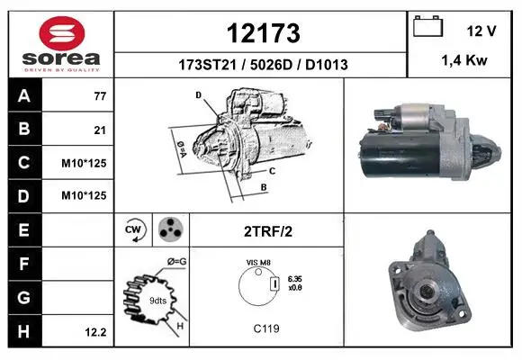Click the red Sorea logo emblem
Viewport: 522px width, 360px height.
[x=62, y=33]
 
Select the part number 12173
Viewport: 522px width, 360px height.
[x=263, y=33]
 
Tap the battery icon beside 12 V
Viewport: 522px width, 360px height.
[x=427, y=26]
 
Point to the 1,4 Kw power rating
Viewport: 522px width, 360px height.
[x=464, y=60]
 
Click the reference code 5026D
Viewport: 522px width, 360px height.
[x=271, y=65]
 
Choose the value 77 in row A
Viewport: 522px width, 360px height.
[x=100, y=96]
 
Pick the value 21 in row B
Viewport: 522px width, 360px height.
[x=100, y=130]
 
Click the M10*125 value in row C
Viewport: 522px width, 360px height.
[x=84, y=163]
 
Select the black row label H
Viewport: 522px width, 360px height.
[x=24, y=331]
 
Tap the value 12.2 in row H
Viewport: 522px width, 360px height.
[x=95, y=332]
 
